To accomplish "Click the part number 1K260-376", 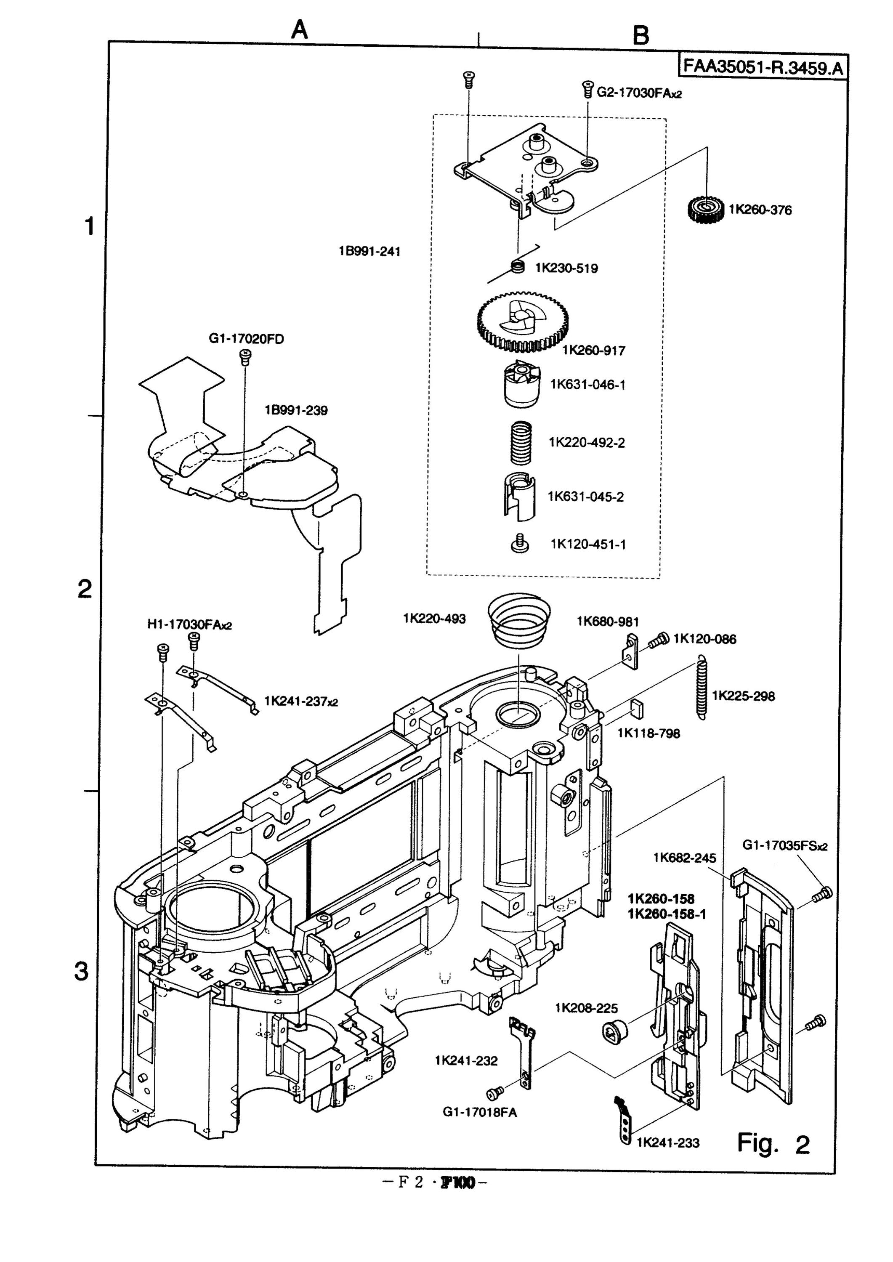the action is pyautogui.click(x=760, y=210).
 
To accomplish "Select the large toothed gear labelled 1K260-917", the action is pyautogui.click(x=522, y=321).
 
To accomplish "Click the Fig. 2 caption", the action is pyautogui.click(x=773, y=1144).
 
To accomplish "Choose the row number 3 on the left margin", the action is pyautogui.click(x=81, y=972).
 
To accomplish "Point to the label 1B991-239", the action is pyautogui.click(x=296, y=410).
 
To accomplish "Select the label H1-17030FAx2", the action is pyautogui.click(x=190, y=624).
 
